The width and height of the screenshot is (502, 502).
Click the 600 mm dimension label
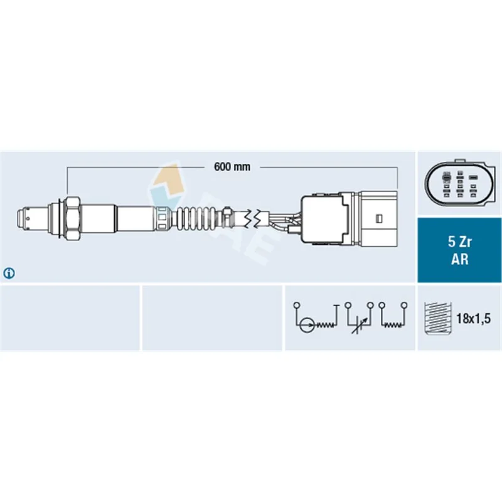tap(232, 167)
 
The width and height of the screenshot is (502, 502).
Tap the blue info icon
tap(9, 273)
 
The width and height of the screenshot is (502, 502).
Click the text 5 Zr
tap(459, 242)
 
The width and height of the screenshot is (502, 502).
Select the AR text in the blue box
tap(460, 259)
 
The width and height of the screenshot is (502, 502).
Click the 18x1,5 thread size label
tap(473, 319)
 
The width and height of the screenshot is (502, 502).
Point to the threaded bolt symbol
tap(437, 318)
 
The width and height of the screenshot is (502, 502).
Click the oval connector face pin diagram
tap(461, 186)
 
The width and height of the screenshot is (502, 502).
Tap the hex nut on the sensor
tap(72, 218)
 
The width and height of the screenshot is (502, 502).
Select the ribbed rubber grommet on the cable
tap(195, 219)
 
